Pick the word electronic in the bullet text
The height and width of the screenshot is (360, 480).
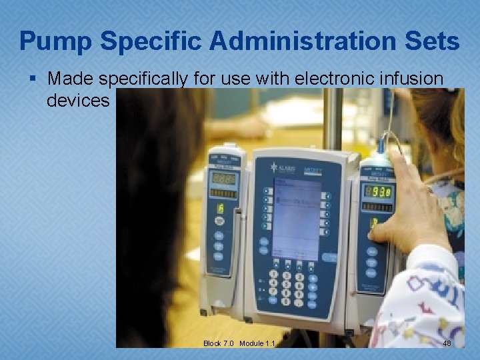point(303,79)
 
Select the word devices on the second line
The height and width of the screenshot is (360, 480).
point(77,101)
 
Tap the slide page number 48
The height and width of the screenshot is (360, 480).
point(447,343)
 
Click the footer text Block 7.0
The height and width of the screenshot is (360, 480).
point(219,343)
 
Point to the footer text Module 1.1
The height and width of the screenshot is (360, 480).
point(258,343)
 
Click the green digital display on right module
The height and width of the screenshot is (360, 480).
point(378,192)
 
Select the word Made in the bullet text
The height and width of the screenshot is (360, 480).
point(71,79)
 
